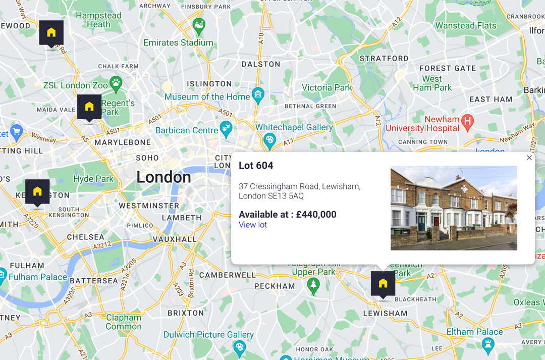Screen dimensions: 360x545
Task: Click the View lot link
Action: [253, 225]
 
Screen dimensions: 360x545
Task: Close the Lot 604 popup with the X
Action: [529, 158]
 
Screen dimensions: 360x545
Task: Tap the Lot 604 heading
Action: [256, 165]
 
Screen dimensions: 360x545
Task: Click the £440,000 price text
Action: [316, 214]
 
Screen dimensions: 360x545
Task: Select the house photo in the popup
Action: [454, 208]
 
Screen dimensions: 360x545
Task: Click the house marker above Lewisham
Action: [383, 284]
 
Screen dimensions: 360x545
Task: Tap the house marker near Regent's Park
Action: [89, 107]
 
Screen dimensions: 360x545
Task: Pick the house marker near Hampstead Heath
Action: [51, 33]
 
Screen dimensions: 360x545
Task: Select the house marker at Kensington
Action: [37, 192]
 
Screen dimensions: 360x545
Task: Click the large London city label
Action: [163, 177]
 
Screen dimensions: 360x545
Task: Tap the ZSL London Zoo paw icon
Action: [117, 82]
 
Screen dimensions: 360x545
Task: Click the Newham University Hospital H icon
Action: [468, 122]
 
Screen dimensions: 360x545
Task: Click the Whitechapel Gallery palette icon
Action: [270, 140]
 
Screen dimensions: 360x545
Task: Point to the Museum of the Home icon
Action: [258, 94]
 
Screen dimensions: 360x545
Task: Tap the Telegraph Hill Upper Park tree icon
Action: [313, 285]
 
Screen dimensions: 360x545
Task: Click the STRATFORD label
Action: [384, 59]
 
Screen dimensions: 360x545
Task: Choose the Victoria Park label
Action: [326, 87]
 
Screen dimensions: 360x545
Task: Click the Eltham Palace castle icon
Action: [487, 343]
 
